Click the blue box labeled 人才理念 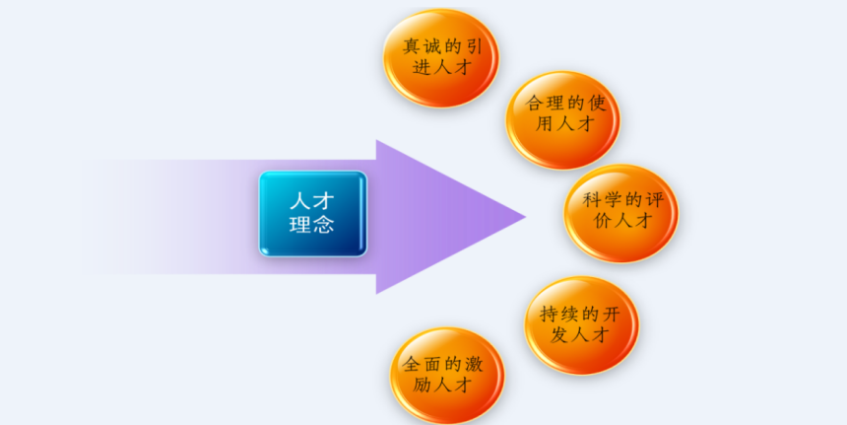point(313,214)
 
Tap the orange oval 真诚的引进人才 point(441,58)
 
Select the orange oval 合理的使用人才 point(563,120)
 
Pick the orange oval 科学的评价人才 point(621,213)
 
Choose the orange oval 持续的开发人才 point(582,325)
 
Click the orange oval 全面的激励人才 point(447,376)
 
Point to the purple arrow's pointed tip point(525,217)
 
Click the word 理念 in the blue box point(311,225)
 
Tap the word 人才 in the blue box point(312,202)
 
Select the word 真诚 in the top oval point(422,47)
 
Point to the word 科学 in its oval point(602,200)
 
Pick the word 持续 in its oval point(559,314)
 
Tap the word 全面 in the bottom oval point(422,364)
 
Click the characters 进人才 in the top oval point(442,68)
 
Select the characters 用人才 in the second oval point(564,124)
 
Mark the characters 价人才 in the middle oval point(622,221)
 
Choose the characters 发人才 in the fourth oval point(580,334)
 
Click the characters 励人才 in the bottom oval point(442,385)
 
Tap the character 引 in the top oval point(473,47)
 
